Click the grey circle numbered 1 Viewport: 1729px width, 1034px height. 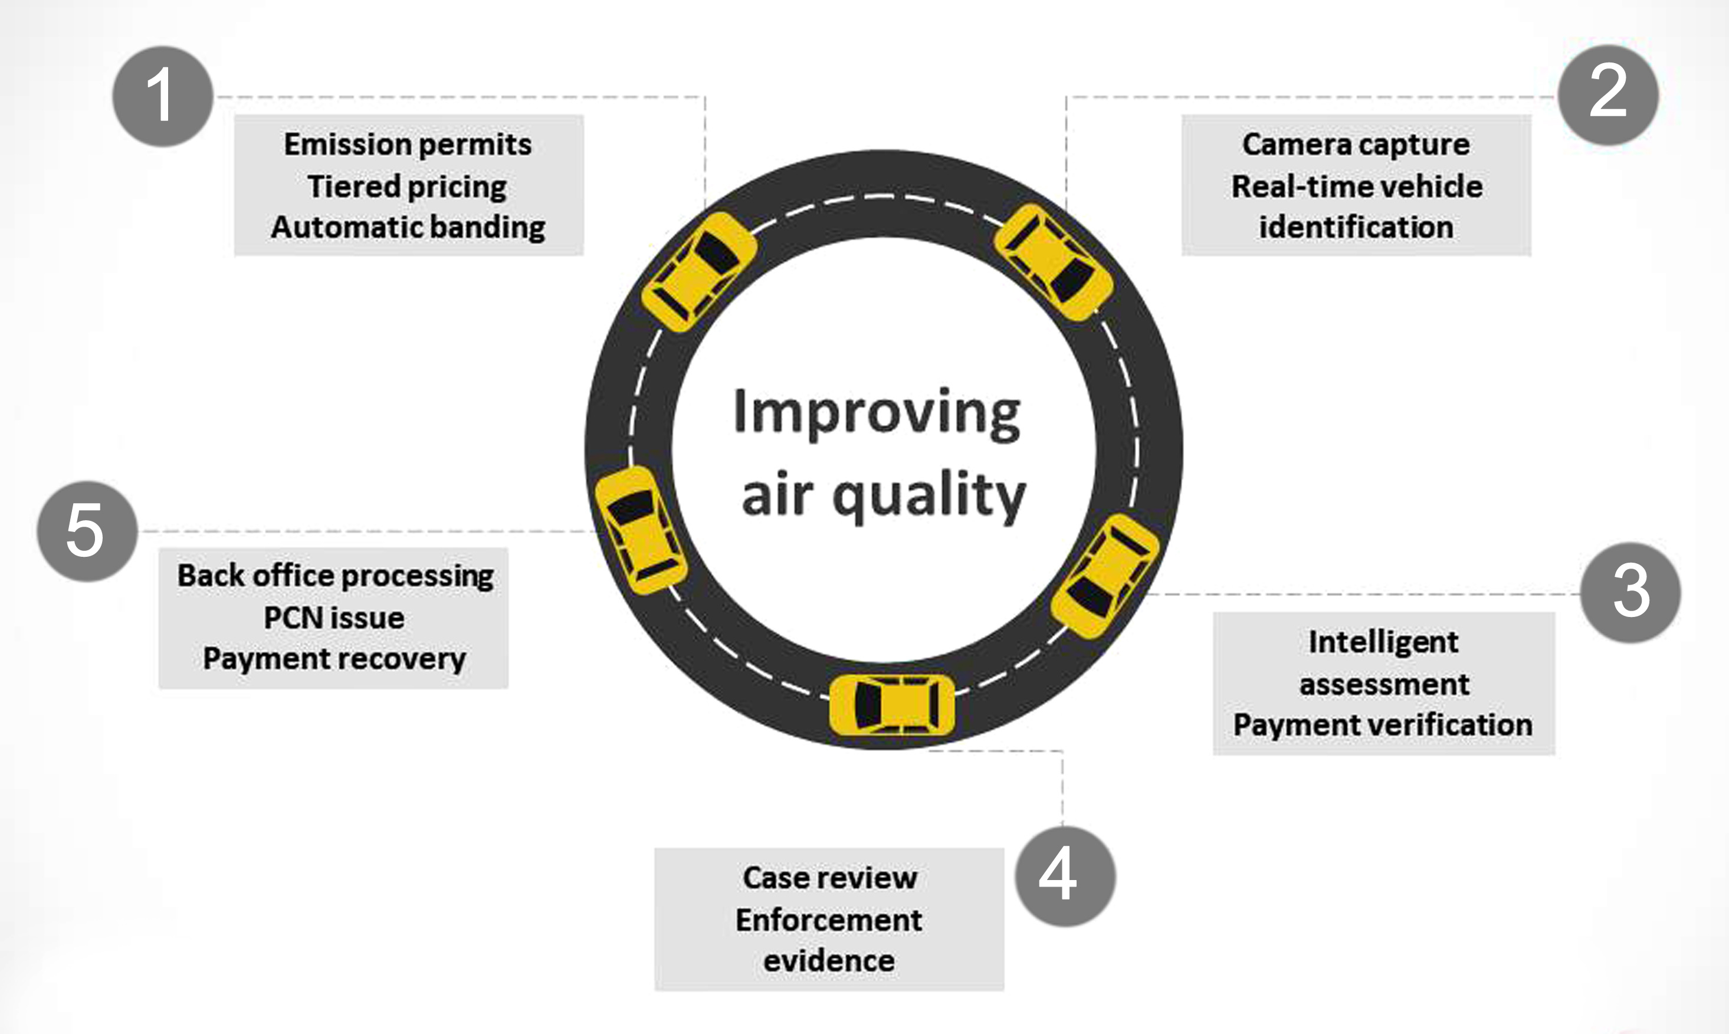tap(162, 96)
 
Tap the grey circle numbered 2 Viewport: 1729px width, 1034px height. tap(1608, 95)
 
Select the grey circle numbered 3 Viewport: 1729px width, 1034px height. tap(1630, 592)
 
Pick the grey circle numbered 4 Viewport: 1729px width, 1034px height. tap(1064, 876)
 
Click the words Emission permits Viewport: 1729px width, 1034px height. tap(408, 145)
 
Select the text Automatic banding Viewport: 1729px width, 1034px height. tap(408, 228)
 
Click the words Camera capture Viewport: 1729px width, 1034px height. tap(1356, 145)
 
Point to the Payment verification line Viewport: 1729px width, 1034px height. tap(1383, 726)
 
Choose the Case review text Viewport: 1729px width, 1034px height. tap(829, 878)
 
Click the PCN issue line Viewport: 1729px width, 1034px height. tap(334, 618)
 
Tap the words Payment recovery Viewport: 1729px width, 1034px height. tap(334, 659)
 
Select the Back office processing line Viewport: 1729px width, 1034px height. tap(335, 576)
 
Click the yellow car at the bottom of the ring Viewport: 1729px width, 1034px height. tap(892, 704)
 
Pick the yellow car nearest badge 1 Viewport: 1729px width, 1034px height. tap(698, 272)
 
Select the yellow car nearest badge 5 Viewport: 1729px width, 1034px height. tap(640, 530)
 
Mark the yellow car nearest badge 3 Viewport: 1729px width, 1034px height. tap(1105, 576)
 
